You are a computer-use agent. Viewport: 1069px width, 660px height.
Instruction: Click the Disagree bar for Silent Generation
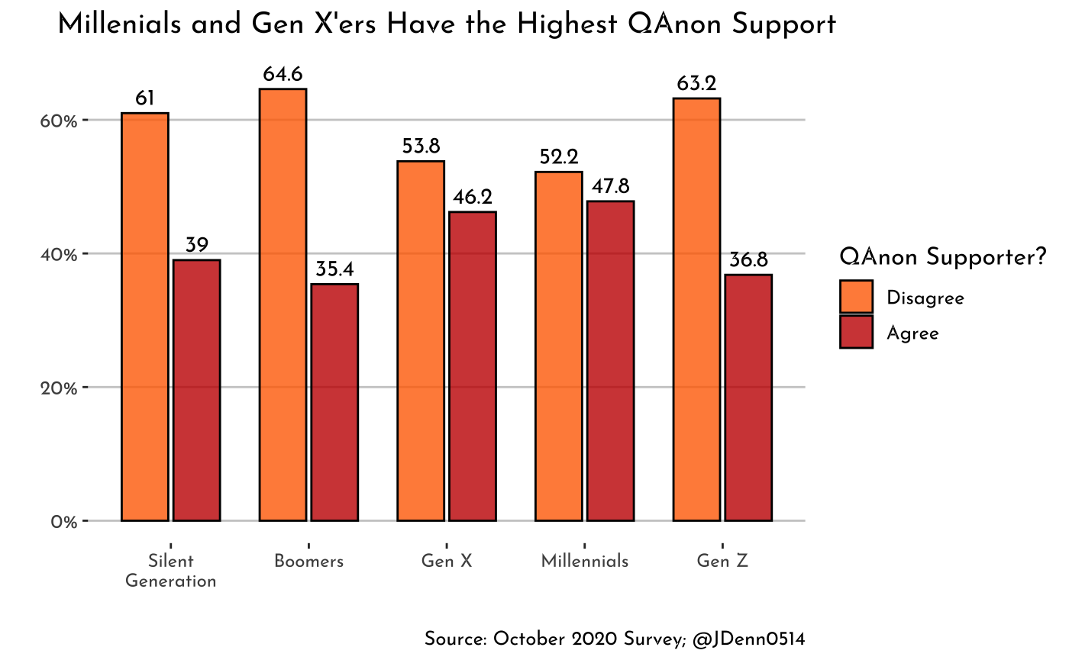coord(145,317)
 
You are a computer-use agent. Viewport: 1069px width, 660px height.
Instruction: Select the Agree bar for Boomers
coord(334,402)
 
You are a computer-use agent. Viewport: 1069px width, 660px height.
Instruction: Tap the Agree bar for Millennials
coord(610,361)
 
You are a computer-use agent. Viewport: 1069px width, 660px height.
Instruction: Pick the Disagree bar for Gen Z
coord(696,309)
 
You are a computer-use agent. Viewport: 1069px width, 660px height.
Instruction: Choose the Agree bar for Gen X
coord(473,366)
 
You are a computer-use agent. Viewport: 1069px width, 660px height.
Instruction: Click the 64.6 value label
coord(283,75)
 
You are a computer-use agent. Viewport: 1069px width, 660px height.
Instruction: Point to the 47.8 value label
coord(610,187)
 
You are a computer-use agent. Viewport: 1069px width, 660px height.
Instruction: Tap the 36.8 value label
coord(748,260)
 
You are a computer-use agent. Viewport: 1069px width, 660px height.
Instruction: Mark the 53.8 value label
coord(421,146)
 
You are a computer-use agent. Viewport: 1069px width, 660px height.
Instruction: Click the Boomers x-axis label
coord(308,562)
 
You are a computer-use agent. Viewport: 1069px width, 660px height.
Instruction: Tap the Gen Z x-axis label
coord(722,562)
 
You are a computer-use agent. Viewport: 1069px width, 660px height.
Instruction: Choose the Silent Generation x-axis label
coord(170,571)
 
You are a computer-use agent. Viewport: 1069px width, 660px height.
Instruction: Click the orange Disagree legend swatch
coord(856,297)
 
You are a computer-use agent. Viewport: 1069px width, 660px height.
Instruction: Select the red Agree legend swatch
coord(856,333)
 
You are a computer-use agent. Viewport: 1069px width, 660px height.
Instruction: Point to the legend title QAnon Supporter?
coord(941,257)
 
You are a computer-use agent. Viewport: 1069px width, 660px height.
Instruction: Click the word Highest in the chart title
coord(569,24)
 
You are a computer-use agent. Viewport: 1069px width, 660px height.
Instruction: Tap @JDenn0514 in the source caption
coord(748,639)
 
